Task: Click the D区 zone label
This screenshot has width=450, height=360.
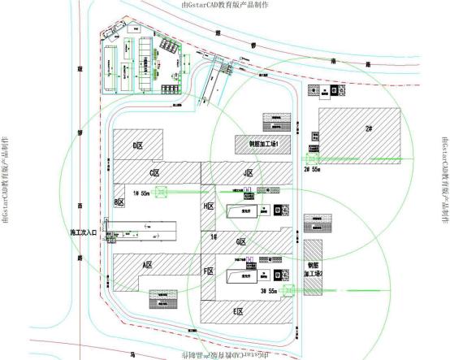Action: tap(138, 145)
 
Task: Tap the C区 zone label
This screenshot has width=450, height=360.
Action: tap(154, 171)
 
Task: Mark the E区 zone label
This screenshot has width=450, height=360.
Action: tap(239, 311)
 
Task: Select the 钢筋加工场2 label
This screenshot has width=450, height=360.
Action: tap(314, 270)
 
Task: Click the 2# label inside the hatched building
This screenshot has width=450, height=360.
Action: tap(369, 128)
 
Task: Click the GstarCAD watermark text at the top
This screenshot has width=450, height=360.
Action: tap(227, 6)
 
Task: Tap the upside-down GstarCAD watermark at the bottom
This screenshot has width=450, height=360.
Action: tap(227, 355)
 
